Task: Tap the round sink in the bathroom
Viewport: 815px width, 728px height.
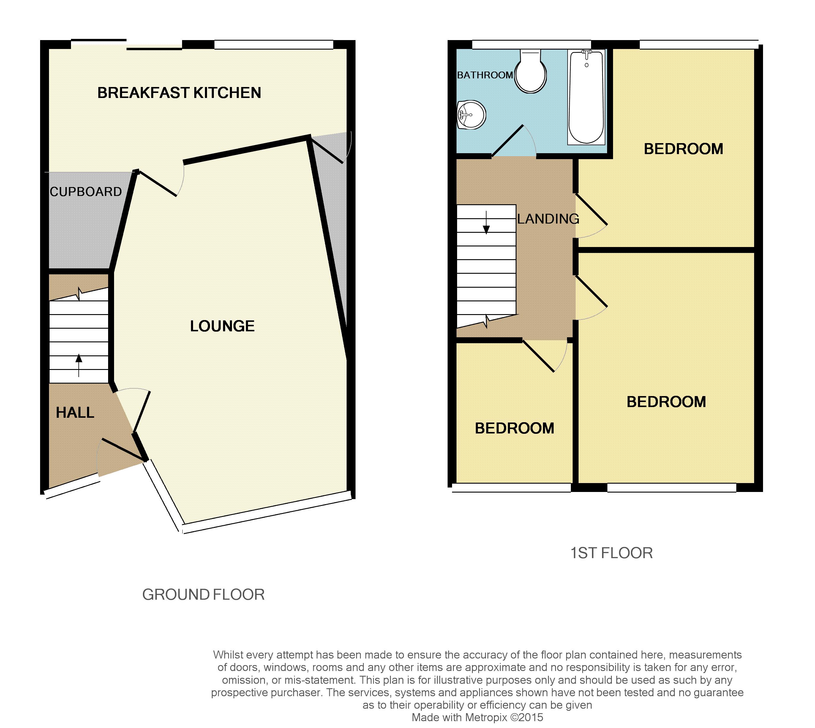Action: pyautogui.click(x=471, y=115)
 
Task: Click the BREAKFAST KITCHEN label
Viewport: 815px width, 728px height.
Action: pyautogui.click(x=179, y=93)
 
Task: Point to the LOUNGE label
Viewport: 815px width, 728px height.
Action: pyautogui.click(x=222, y=326)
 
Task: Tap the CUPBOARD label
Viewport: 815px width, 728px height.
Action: pyautogui.click(x=86, y=192)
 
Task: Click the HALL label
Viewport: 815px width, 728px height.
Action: pyautogui.click(x=75, y=412)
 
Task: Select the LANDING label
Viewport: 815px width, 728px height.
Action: pyautogui.click(x=548, y=219)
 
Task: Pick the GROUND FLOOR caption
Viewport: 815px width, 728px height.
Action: pyautogui.click(x=203, y=594)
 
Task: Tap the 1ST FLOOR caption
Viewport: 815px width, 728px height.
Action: pyautogui.click(x=611, y=553)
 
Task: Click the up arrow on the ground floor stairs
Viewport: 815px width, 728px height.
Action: pyautogui.click(x=79, y=365)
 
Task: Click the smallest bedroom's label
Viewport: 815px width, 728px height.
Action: pyautogui.click(x=514, y=428)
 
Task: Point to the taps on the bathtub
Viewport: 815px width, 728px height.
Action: pyautogui.click(x=587, y=52)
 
